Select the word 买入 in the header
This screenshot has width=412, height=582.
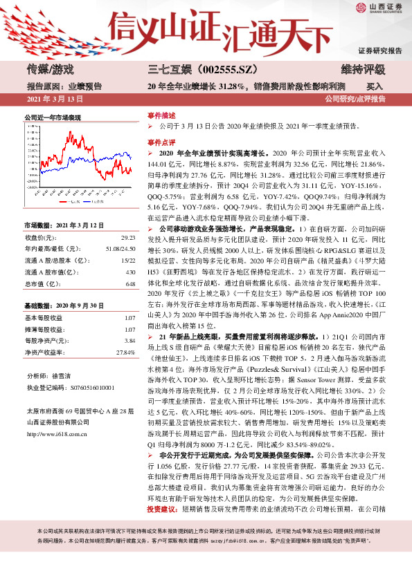pos(375,87)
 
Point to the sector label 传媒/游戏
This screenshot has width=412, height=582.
pos(50,69)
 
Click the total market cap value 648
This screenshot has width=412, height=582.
pos(129,284)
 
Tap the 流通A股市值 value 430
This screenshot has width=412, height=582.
pos(129,272)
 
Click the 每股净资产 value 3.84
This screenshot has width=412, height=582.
pos(128,341)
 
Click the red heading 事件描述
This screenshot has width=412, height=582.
pos(161,115)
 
